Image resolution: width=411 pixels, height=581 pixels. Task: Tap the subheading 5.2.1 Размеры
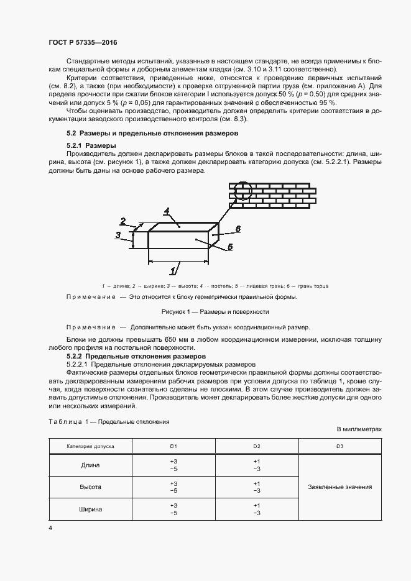(x=92, y=145)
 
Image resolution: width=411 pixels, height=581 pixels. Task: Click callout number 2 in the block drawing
(x=124, y=221)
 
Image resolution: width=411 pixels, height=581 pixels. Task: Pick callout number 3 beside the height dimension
(x=118, y=234)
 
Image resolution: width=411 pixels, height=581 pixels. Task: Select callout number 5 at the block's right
(x=229, y=247)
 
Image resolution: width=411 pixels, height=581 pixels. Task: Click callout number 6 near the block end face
(x=237, y=229)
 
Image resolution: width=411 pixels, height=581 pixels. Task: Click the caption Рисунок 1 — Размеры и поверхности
(x=205, y=312)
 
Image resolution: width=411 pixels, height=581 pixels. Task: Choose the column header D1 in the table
(x=173, y=446)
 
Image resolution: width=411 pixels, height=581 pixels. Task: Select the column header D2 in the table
(x=256, y=446)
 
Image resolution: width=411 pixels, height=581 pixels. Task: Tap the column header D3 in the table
(x=339, y=446)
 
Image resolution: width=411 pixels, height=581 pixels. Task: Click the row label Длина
(x=90, y=465)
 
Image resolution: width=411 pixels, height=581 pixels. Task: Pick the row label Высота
(x=90, y=487)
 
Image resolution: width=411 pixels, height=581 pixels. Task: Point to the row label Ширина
(x=90, y=509)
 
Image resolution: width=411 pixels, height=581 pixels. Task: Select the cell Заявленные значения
(x=339, y=487)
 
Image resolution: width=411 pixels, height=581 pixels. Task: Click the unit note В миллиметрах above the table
(x=359, y=429)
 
